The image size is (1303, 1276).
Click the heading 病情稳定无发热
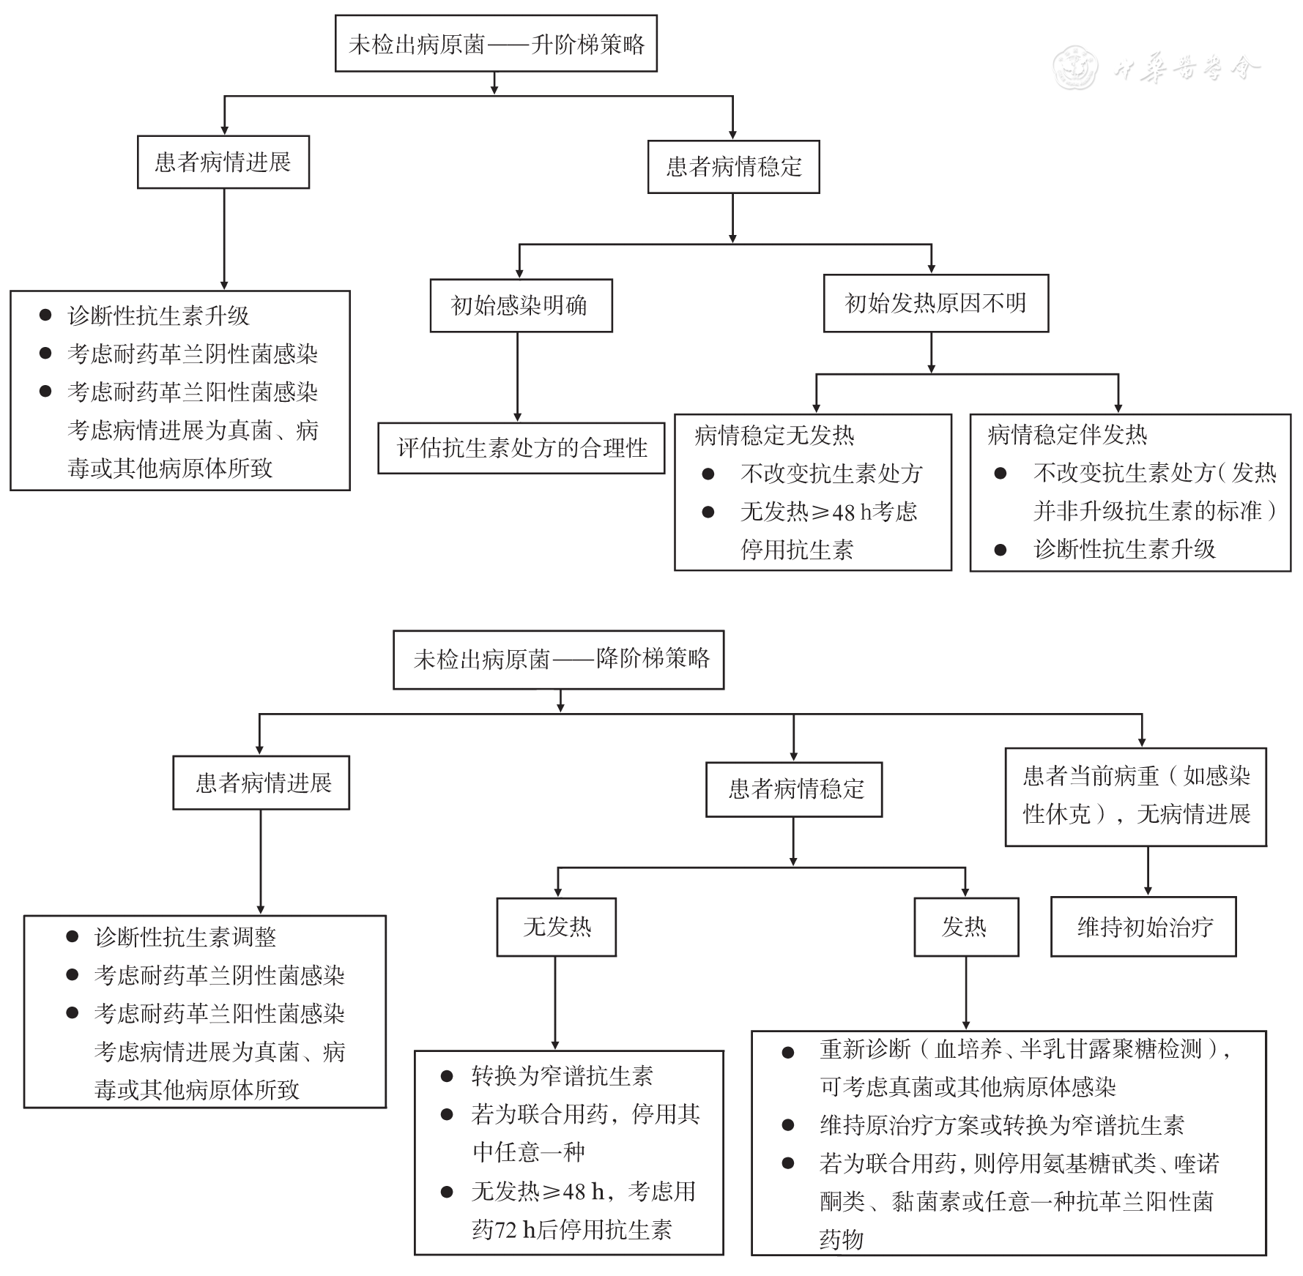[x=774, y=436]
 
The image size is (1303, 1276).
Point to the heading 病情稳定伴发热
[x=1067, y=435]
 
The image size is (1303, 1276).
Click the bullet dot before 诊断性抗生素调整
[x=73, y=936]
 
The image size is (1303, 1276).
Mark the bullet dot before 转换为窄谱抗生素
[x=447, y=1076]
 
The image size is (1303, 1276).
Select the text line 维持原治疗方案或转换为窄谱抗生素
[x=1002, y=1125]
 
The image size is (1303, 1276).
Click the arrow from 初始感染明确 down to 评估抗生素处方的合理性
[x=518, y=377]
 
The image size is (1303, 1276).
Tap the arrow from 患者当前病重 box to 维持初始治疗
[x=1148, y=871]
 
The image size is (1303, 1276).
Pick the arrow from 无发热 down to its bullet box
[x=555, y=1003]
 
